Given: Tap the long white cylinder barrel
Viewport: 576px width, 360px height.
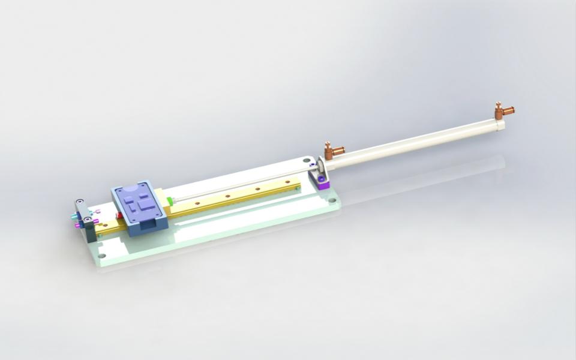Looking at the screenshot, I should (414, 142).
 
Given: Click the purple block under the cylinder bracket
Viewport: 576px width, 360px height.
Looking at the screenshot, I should (323, 182).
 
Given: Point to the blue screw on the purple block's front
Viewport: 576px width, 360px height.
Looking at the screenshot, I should (322, 179).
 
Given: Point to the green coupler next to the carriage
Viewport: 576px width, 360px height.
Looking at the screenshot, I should (170, 200).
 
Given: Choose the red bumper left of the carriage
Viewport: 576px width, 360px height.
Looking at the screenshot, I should (119, 215).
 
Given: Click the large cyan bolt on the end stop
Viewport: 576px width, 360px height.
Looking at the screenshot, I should (74, 215).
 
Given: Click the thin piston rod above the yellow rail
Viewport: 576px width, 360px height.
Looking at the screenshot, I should (240, 187).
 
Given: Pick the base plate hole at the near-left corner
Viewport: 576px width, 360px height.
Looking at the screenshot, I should (102, 256).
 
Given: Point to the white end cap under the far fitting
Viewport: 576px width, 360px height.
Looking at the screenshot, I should (499, 124).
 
